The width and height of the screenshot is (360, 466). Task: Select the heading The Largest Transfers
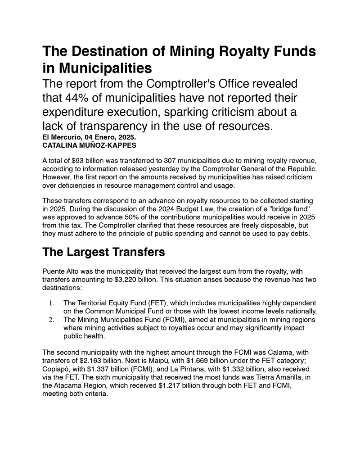(103, 252)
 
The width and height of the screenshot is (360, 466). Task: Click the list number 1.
(52, 303)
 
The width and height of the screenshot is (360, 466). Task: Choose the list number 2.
(52, 320)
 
